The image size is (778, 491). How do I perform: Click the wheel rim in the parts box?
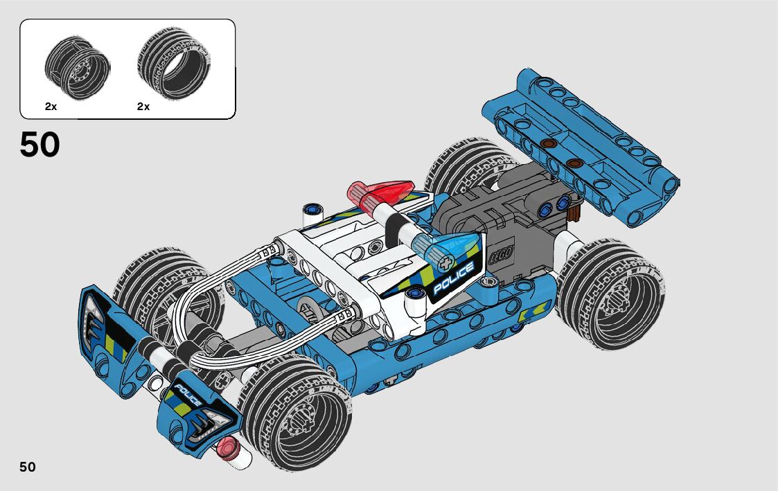pyautogui.click(x=78, y=68)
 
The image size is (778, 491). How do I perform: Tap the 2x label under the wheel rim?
pyautogui.click(x=51, y=107)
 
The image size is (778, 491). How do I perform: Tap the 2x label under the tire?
pyautogui.click(x=143, y=107)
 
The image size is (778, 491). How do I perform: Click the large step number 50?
pyautogui.click(x=39, y=145)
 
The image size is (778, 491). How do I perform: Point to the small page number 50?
pyautogui.click(x=28, y=467)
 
